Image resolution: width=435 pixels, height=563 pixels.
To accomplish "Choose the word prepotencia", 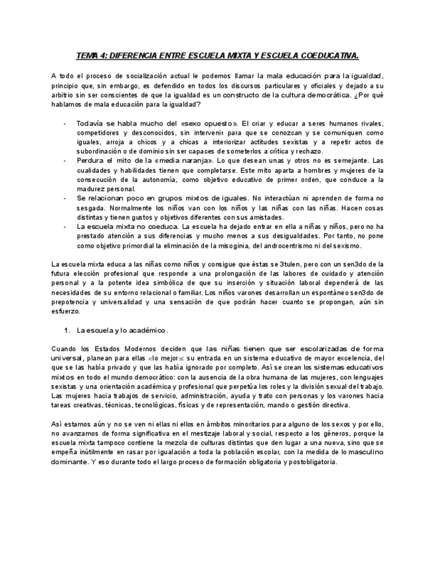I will tap(73, 301).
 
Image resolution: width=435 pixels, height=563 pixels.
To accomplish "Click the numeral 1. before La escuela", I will tap(68, 330).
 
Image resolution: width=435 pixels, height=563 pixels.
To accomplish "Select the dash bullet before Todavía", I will tap(64, 123).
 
